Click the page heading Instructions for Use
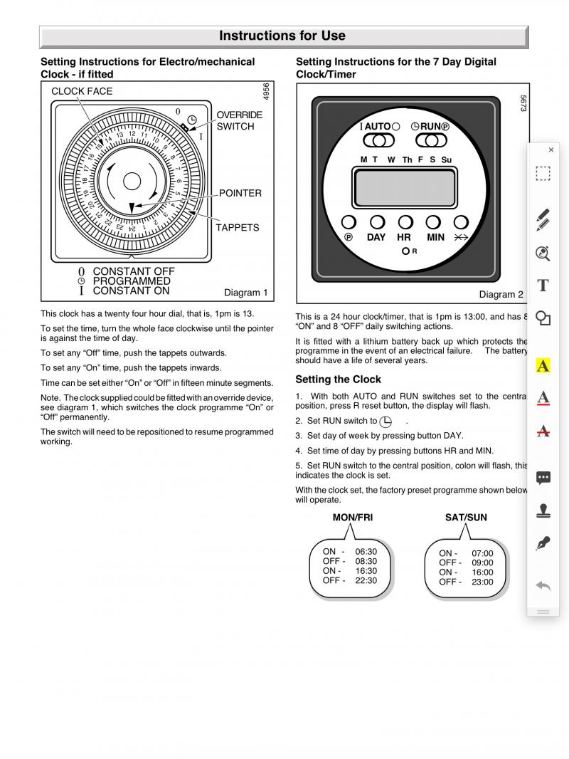point(282,36)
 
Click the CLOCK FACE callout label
point(82,91)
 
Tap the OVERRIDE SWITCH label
point(239,120)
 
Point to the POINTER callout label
point(240,193)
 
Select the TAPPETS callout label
point(238,228)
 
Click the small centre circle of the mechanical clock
point(132,181)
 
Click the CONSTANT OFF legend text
point(133,271)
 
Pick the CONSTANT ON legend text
point(131,290)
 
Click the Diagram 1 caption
point(245,293)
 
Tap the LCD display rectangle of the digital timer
point(405,188)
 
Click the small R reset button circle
point(405,251)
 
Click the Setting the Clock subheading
point(338,379)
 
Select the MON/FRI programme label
point(353,518)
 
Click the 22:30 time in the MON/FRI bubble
point(366,580)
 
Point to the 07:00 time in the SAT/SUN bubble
point(482,553)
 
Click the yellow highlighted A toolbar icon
point(543,366)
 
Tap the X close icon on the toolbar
point(551,150)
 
